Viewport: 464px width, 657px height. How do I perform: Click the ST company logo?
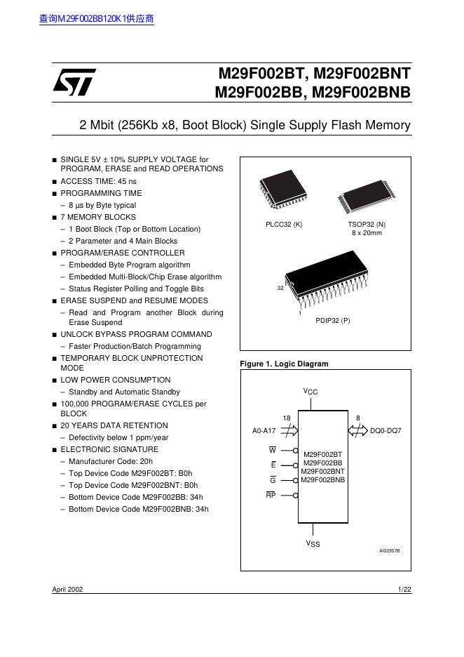[73, 84]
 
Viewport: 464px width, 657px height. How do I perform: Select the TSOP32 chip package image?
[365, 192]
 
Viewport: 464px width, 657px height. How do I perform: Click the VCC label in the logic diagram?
[311, 391]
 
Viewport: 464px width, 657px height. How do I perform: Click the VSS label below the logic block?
[312, 543]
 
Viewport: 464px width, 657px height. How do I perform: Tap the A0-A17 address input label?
[264, 430]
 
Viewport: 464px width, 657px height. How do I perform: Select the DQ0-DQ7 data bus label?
[385, 430]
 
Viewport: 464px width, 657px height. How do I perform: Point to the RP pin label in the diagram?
[271, 495]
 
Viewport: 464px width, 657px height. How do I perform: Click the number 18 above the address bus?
[287, 418]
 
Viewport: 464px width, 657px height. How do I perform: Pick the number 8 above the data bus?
[358, 418]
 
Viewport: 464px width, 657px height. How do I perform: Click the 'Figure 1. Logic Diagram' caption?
[284, 364]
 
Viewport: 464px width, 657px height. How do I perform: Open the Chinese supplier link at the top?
[96, 19]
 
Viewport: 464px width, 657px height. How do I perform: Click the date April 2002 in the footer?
[67, 590]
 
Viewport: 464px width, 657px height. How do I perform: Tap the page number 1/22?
[404, 590]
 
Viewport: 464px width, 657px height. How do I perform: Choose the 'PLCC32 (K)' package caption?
[283, 224]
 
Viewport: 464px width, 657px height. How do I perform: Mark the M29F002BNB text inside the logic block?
[322, 480]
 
